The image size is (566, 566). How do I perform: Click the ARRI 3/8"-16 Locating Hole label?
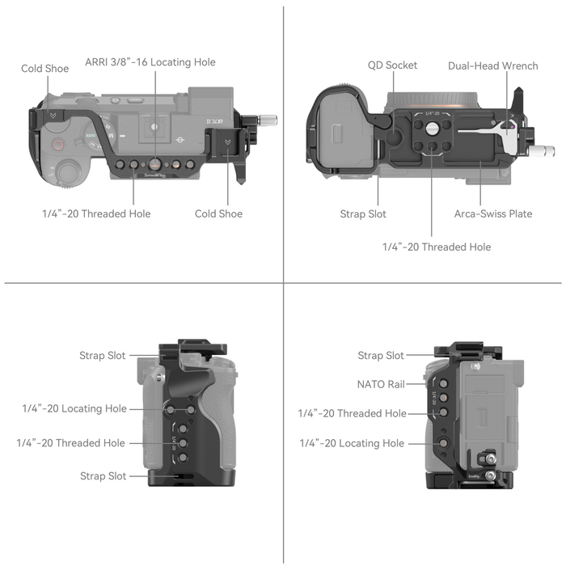click(150, 62)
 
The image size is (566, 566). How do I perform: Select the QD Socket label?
click(392, 65)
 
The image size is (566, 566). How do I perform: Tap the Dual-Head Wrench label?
click(492, 65)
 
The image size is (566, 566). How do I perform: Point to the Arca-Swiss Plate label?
click(492, 214)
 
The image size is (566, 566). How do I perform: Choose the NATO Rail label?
click(381, 385)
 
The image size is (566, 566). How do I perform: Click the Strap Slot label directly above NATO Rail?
click(381, 356)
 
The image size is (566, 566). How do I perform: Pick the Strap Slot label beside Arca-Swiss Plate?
click(363, 214)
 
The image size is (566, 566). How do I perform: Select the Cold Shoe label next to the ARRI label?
click(44, 69)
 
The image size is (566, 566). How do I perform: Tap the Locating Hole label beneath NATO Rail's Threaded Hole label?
click(352, 443)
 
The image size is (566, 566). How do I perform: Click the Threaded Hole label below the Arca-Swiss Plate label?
click(437, 247)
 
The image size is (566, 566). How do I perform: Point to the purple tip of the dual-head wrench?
click(509, 126)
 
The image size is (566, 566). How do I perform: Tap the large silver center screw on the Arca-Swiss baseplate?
click(433, 129)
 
